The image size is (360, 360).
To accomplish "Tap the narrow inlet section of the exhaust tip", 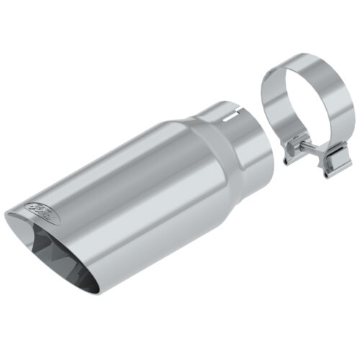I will pyautogui.click(x=245, y=140).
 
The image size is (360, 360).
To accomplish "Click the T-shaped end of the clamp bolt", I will pyautogui.click(x=318, y=153).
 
